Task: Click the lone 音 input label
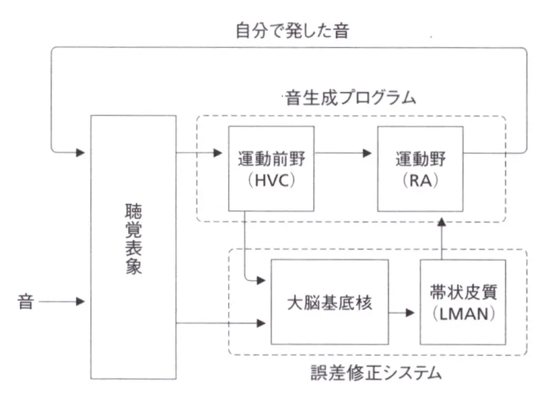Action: (x=26, y=301)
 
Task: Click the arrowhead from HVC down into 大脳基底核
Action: (x=262, y=280)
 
